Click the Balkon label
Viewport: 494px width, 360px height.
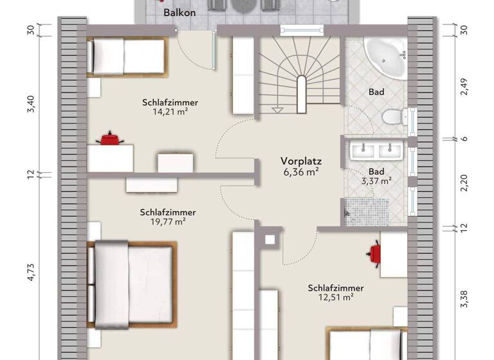179,13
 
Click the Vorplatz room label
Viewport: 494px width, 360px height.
300,161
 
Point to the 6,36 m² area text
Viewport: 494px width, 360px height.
300,172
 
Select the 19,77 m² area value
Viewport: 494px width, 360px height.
168,222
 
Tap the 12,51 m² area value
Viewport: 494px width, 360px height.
335,297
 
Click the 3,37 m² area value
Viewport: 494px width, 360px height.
376,181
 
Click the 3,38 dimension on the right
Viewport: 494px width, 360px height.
464,298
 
